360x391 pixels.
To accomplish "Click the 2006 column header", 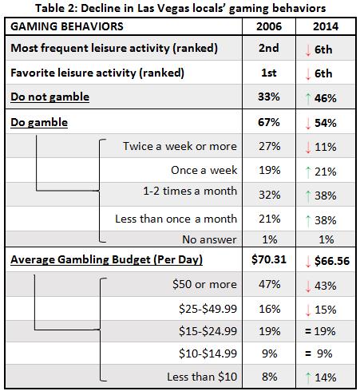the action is pos(269,26).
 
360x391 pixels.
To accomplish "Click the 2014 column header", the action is pos(326,26).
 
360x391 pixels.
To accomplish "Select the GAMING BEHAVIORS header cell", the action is pos(67,26).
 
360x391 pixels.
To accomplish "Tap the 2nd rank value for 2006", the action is pos(269,48).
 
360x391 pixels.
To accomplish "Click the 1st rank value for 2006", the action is pos(269,73).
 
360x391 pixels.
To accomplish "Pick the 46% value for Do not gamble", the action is pos(325,98).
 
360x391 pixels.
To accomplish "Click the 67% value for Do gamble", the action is pos(269,122).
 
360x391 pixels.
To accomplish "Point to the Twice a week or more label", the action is pos(180,146).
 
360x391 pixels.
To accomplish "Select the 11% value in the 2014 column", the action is pos(325,147).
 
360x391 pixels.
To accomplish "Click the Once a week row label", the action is pos(204,170).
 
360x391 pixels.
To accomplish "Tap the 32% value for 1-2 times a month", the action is pos(269,195).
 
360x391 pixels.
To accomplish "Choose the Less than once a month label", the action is pos(176,219).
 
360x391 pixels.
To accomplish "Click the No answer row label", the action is pos(209,239).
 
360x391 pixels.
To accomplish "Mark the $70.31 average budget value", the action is pos(269,259).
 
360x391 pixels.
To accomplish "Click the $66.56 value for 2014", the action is pos(332,261).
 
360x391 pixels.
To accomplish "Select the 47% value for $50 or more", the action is pos(269,284).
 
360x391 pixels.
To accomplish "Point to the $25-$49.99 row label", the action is pos(208,309).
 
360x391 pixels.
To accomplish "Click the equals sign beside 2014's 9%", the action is pos(308,353).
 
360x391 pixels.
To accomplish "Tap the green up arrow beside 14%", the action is pos(308,377).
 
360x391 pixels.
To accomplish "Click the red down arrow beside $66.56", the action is pos(308,262).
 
